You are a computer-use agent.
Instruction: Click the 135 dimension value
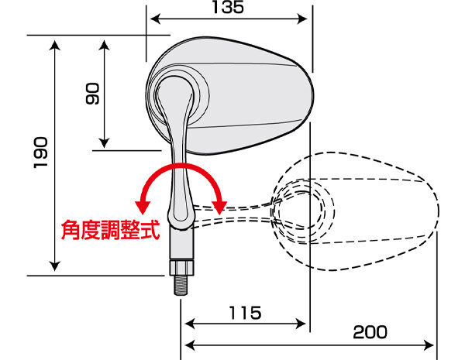point(228,7)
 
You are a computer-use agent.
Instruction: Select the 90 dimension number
point(92,94)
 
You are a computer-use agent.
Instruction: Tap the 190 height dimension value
point(40,153)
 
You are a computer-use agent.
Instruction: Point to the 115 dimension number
point(245,313)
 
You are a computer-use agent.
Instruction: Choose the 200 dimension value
point(370,332)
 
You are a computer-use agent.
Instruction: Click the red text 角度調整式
point(110,230)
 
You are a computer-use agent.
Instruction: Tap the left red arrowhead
point(143,207)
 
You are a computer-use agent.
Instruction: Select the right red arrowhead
point(219,207)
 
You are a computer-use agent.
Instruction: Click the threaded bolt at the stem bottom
point(181,285)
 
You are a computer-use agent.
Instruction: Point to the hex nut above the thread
point(181,267)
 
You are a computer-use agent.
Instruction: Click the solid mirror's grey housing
point(230,96)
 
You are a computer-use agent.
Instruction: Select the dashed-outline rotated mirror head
point(355,211)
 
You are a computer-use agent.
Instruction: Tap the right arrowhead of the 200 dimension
point(429,345)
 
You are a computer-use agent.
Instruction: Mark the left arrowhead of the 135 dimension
point(156,19)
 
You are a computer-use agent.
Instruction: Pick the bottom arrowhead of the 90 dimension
point(104,143)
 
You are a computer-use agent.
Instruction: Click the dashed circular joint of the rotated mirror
point(303,211)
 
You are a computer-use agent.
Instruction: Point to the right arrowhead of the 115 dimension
point(301,324)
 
